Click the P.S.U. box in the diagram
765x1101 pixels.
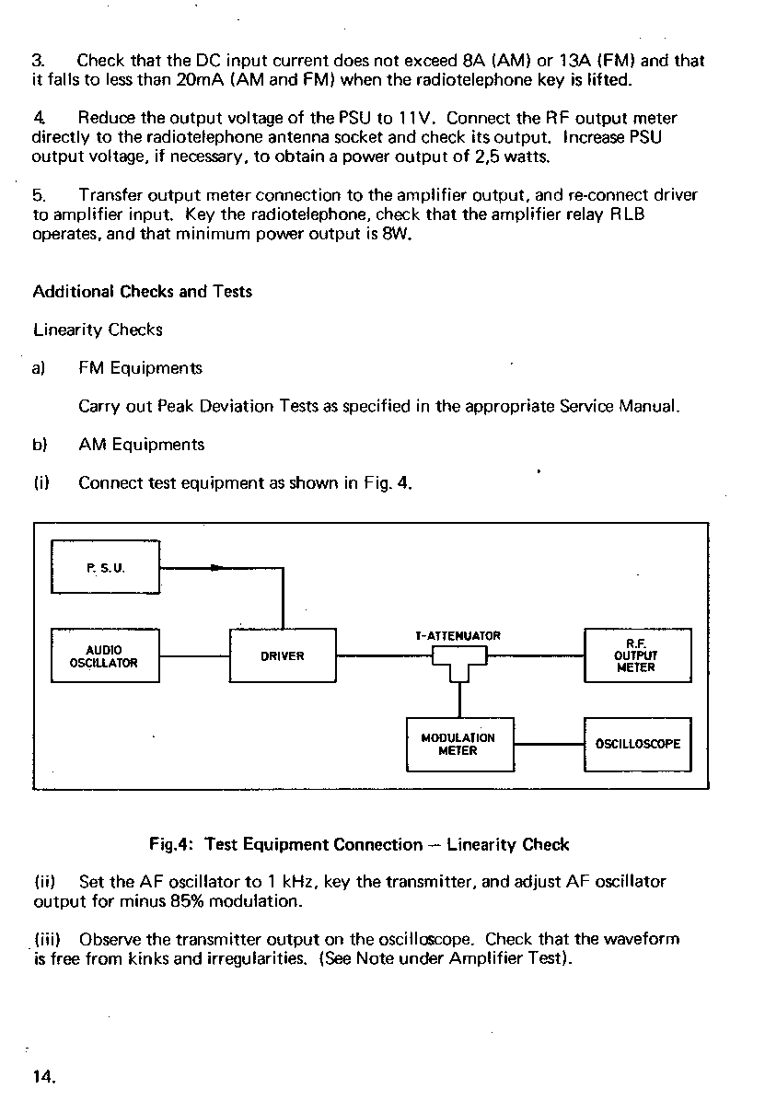pos(105,568)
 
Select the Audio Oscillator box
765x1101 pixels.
pos(105,655)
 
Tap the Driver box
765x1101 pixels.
pos(282,655)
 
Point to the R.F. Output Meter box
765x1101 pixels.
pos(637,655)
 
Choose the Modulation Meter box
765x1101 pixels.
pos(458,744)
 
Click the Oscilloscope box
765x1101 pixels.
pos(637,744)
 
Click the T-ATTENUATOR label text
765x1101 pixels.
pos(458,636)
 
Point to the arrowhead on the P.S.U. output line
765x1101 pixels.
pos(215,568)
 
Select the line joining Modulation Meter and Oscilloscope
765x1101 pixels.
pos(549,744)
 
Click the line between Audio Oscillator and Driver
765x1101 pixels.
pos(193,656)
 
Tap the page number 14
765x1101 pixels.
pos(44,1075)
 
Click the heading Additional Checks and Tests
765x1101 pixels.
pos(142,292)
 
